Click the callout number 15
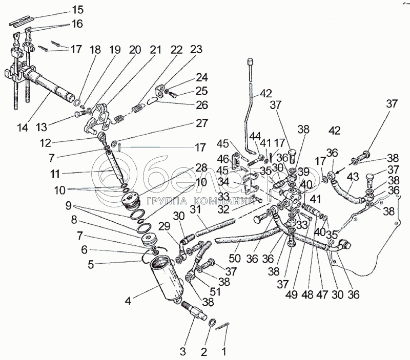pos(77,10)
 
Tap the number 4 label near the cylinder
pos(128,301)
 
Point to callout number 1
pos(223,352)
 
